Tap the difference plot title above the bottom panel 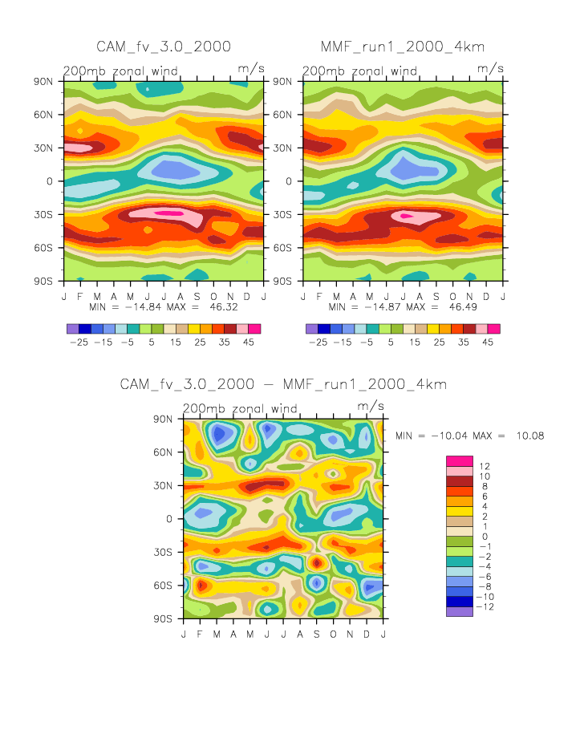click(x=283, y=384)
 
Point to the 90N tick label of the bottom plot click(x=165, y=419)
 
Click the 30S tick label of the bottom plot click(x=165, y=552)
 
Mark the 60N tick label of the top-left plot click(x=46, y=115)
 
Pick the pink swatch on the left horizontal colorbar click(x=242, y=329)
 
